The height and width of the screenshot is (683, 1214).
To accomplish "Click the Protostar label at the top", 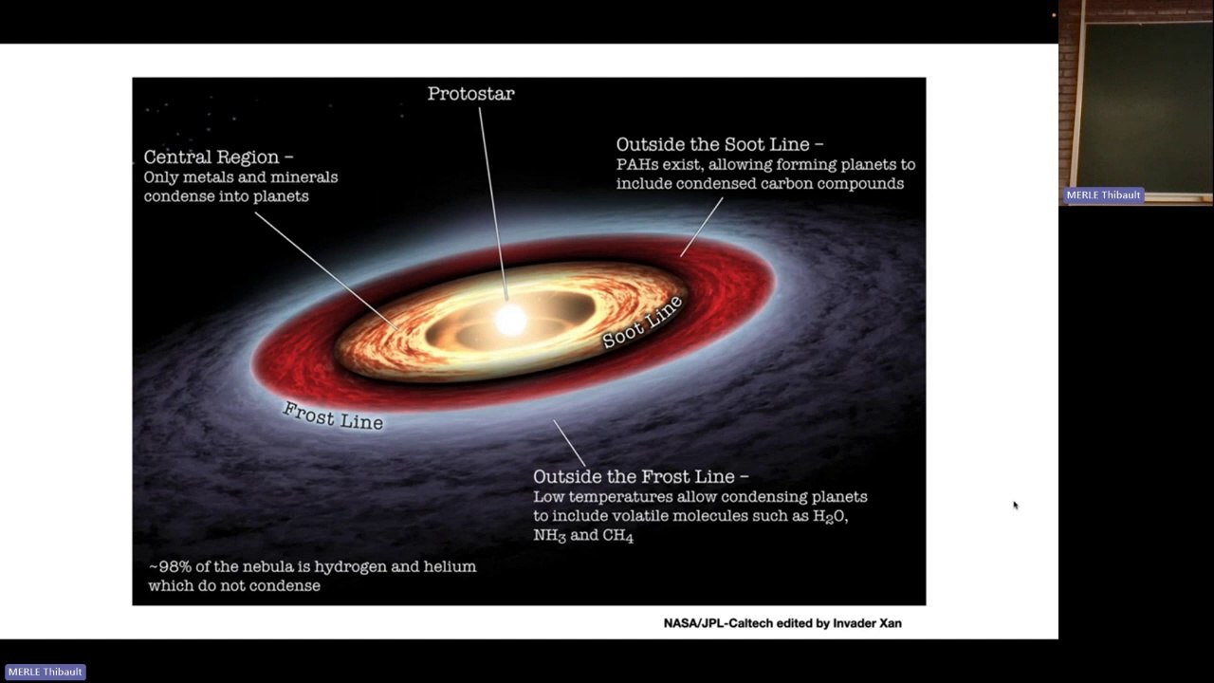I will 470,94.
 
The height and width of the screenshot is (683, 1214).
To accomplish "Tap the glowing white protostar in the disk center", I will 510,320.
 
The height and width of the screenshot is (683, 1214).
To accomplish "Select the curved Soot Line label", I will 642,322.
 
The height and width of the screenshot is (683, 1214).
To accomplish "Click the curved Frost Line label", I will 333,415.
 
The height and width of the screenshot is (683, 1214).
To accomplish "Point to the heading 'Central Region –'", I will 218,157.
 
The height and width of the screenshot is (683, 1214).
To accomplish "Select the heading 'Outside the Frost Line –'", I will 640,476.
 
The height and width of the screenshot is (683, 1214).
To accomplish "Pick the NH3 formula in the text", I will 550,536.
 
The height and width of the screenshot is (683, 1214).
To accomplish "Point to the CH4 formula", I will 617,536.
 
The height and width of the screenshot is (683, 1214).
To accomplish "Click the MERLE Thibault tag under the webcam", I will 1103,195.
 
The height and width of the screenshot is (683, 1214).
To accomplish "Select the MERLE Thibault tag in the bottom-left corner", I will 45,672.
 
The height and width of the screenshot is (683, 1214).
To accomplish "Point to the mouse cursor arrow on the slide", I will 1015,506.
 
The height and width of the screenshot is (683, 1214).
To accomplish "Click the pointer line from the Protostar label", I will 493,199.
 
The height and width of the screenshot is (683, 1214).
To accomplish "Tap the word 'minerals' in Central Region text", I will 303,177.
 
